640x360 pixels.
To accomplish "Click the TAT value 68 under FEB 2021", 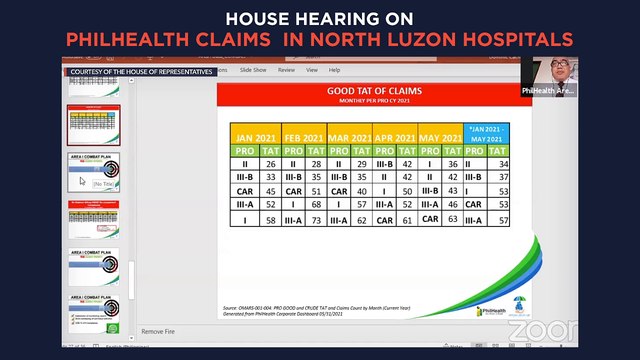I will tap(312, 204).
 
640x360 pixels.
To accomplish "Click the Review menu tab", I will tap(287, 70).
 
